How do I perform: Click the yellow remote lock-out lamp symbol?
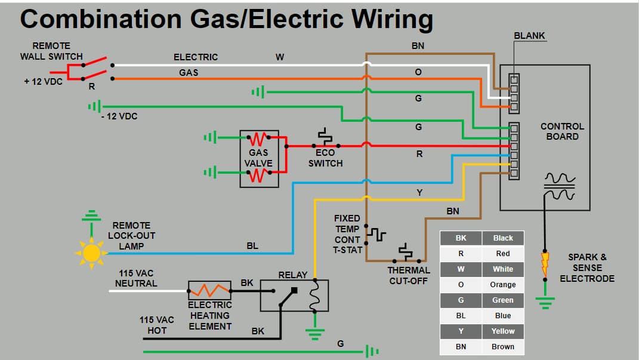tap(91, 253)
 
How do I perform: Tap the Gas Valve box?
tap(259, 158)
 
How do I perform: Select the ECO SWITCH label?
tap(325, 158)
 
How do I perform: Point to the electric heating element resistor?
tap(209, 290)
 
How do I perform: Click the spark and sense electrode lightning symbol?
tap(544, 262)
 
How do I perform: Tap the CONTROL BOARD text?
tap(562, 131)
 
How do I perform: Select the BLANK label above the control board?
tap(529, 36)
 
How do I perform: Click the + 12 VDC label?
tap(43, 81)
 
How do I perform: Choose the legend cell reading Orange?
tap(502, 285)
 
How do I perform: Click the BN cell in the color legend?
tap(461, 347)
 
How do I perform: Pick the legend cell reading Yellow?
tap(502, 331)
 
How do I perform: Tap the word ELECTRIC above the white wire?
tap(196, 57)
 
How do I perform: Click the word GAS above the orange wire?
tap(189, 72)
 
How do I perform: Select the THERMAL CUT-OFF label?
tap(409, 275)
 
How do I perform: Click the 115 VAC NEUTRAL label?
tap(136, 278)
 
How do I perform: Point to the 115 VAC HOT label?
tap(157, 325)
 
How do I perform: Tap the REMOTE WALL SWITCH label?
tap(51, 51)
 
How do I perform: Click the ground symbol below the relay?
tap(316, 333)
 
